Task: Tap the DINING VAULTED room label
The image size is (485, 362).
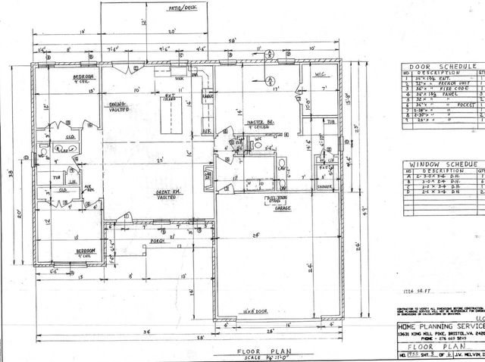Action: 117,106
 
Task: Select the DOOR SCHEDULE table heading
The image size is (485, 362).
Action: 440,67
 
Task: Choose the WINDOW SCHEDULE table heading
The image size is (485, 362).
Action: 440,164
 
